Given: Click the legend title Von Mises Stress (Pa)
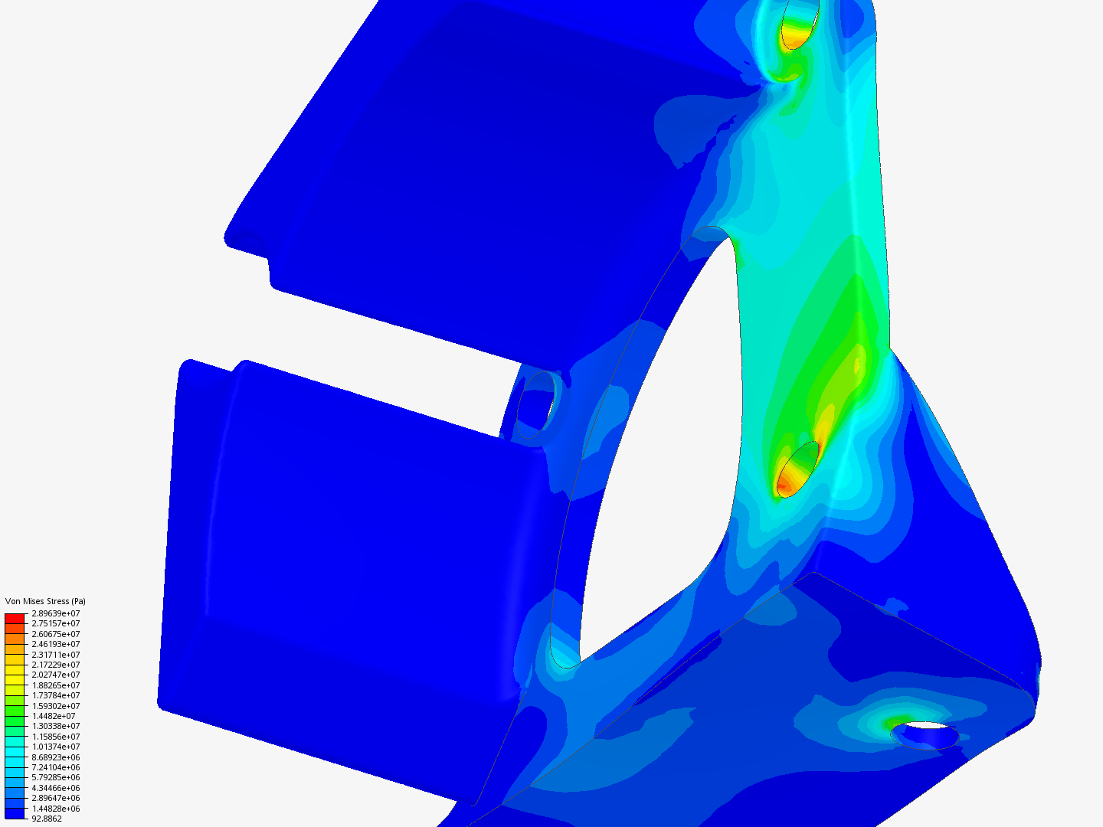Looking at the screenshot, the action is coord(45,601).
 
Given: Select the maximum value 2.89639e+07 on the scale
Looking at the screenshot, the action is coord(56,613).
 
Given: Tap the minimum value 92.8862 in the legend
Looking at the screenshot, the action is coord(47,819).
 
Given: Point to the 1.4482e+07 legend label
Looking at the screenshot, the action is coord(54,716).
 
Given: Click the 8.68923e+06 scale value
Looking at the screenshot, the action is coord(56,757).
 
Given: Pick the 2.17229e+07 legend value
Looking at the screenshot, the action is coord(56,665).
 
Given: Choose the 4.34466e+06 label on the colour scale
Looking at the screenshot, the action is coord(56,789).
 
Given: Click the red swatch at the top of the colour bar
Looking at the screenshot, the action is coord(15,619).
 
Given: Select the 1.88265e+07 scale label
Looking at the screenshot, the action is coord(56,685).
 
